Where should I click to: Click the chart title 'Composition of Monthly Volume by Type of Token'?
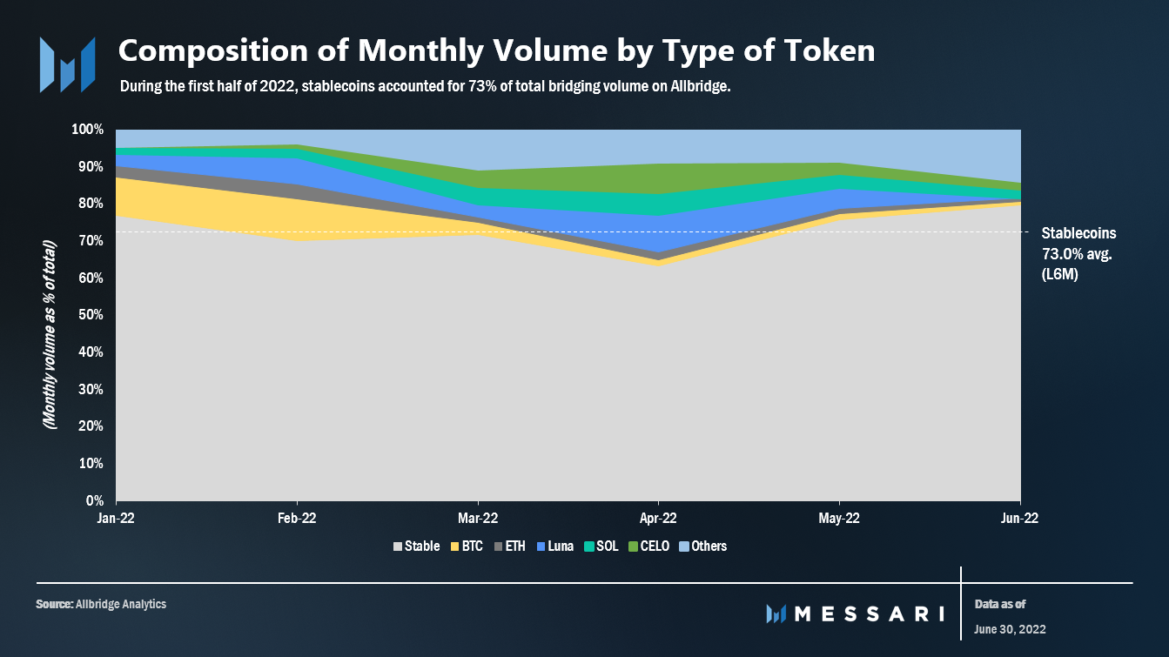click(496, 51)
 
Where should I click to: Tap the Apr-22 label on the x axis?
click(658, 518)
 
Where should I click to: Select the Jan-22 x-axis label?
click(117, 518)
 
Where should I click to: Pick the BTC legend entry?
click(467, 546)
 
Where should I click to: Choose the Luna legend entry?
click(554, 546)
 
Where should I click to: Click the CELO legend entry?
click(648, 546)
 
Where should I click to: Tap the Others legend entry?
click(702, 546)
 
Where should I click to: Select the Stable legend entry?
click(416, 546)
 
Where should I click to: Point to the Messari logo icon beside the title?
click(66, 64)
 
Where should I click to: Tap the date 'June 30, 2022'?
click(1010, 629)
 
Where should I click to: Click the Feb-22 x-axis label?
click(297, 518)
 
